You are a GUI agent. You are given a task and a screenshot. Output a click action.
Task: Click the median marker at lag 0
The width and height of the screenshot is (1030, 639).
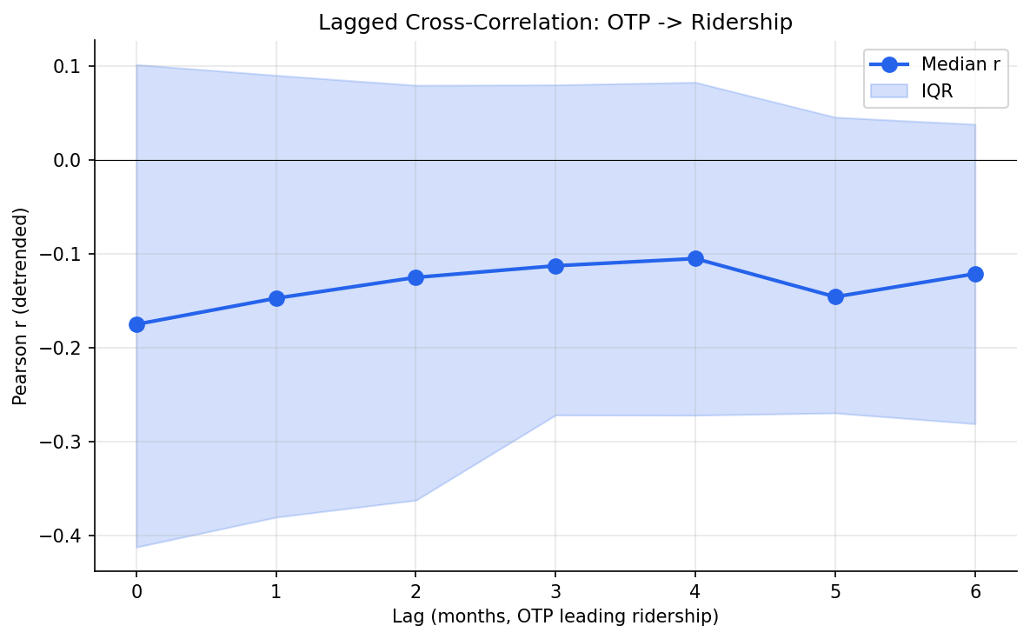coord(136,324)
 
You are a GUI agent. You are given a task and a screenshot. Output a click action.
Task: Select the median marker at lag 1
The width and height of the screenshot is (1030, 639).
coord(276,298)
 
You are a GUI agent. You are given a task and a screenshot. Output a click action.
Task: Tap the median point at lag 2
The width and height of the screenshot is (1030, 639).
coord(415,277)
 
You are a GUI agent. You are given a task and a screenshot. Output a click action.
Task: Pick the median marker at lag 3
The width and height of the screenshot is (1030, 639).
coord(555,266)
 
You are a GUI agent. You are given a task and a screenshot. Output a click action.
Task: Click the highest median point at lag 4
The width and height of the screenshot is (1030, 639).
coord(695,258)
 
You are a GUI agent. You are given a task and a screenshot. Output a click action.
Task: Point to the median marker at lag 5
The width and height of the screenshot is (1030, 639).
coord(835,296)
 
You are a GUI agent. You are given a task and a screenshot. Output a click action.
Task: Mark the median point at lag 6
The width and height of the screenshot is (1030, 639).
coord(975,274)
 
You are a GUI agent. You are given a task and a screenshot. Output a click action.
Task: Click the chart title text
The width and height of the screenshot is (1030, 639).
coord(555,23)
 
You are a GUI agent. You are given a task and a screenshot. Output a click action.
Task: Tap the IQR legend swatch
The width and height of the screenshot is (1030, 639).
coord(888,90)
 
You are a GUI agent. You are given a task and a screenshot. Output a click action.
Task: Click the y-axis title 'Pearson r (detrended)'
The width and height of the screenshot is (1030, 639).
coord(21,305)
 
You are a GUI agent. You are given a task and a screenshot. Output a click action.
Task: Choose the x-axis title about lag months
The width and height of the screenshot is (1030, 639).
coord(555,616)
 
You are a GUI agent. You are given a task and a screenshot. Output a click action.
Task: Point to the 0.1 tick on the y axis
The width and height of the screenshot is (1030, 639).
coord(68,66)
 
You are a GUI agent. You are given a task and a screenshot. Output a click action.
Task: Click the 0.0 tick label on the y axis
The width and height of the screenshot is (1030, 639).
coord(68,160)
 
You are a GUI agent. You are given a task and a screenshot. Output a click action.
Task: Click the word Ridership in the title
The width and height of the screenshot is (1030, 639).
coord(741,23)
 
